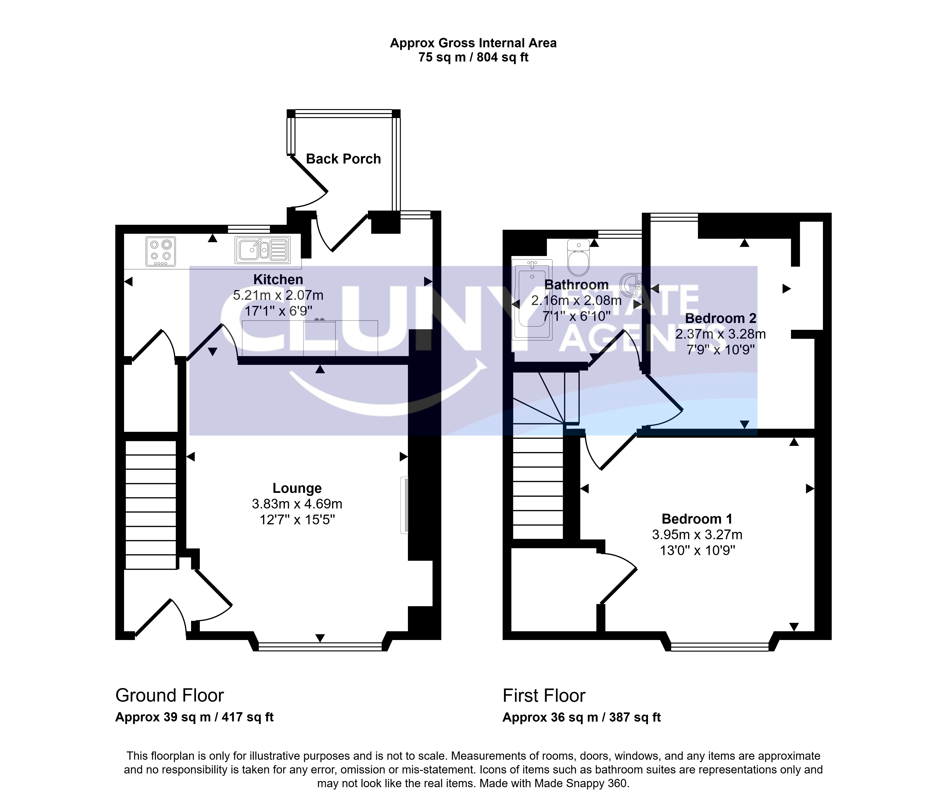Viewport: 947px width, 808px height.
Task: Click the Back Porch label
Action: coord(343,159)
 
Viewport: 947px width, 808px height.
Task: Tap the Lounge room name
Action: coord(297,488)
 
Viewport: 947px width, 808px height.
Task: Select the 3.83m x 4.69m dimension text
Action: coord(297,504)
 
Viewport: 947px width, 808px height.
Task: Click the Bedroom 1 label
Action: coord(697,519)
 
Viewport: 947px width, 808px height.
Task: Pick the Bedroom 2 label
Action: coord(721,318)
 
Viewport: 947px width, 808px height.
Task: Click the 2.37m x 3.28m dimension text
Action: coord(721,334)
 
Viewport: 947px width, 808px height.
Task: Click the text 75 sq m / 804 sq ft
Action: coord(473,57)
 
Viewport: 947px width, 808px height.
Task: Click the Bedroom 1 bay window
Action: coord(720,646)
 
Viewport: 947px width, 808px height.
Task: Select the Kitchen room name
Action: coord(278,279)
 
